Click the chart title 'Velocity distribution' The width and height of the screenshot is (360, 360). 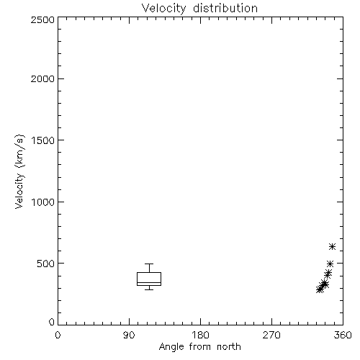point(199,9)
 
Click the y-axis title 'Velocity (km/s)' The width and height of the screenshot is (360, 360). point(19,171)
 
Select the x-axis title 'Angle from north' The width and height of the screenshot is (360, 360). point(199,347)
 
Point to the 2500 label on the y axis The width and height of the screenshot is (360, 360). point(42,19)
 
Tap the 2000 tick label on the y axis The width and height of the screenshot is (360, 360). point(42,78)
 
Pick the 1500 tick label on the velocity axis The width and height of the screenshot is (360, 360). point(43,140)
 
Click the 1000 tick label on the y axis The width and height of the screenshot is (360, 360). point(43,202)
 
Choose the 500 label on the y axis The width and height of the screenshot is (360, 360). point(46,264)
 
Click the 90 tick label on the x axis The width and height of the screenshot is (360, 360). point(129,335)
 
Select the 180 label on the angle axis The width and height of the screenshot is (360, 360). point(200,335)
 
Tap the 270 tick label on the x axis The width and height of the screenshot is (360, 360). point(271,335)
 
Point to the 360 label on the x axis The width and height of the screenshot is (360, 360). point(343,335)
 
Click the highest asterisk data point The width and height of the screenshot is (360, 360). point(332,246)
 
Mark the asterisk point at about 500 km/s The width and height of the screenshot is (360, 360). point(330,264)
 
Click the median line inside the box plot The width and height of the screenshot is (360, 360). point(149,282)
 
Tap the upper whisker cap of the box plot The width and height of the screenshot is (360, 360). point(149,264)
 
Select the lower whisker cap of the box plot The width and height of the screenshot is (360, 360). point(149,289)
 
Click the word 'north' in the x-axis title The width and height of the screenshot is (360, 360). point(229,347)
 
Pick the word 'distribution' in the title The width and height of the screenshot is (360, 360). point(225,9)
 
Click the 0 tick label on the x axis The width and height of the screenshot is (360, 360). point(58,335)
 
